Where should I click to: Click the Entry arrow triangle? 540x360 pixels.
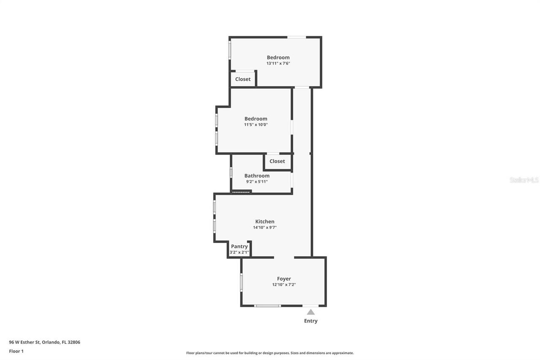click(310, 312)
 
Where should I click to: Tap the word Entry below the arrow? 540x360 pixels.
click(310, 321)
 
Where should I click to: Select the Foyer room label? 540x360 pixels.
click(284, 279)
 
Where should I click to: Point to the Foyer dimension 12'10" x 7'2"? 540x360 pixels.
click(284, 285)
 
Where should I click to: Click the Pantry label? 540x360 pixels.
click(239, 246)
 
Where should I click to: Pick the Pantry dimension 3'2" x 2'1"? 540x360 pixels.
click(239, 252)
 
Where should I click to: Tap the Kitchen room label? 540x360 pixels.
click(265, 222)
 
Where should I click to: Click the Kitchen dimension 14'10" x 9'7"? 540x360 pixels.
click(265, 227)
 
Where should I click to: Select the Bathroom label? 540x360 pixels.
click(257, 176)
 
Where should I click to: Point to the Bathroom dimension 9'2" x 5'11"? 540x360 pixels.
click(257, 181)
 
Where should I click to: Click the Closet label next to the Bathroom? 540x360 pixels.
click(277, 161)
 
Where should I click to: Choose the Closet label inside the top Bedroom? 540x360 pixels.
click(243, 79)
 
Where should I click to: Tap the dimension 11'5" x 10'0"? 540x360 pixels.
click(256, 125)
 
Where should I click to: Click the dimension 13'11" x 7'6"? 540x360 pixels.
click(278, 63)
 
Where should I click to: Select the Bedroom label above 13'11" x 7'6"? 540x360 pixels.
click(278, 57)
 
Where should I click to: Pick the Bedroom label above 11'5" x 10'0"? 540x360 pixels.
click(256, 119)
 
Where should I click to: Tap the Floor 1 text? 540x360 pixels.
click(16, 351)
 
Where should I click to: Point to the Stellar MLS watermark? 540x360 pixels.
click(524, 180)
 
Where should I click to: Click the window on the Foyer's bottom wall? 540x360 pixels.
click(267, 306)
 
